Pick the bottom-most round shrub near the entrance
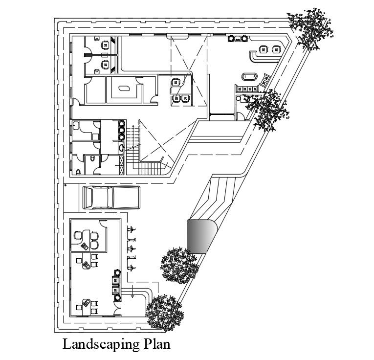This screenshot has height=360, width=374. click(x=165, y=313)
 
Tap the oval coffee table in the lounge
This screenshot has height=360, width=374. click(x=249, y=76)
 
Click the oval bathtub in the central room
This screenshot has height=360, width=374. click(x=122, y=89)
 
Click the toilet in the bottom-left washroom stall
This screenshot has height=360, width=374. click(x=79, y=172)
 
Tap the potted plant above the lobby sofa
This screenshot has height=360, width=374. click(x=117, y=273)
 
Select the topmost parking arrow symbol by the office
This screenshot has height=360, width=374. click(x=131, y=229)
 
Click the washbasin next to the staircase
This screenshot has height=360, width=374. click(x=121, y=146)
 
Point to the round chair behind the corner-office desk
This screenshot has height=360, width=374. click(x=78, y=235)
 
